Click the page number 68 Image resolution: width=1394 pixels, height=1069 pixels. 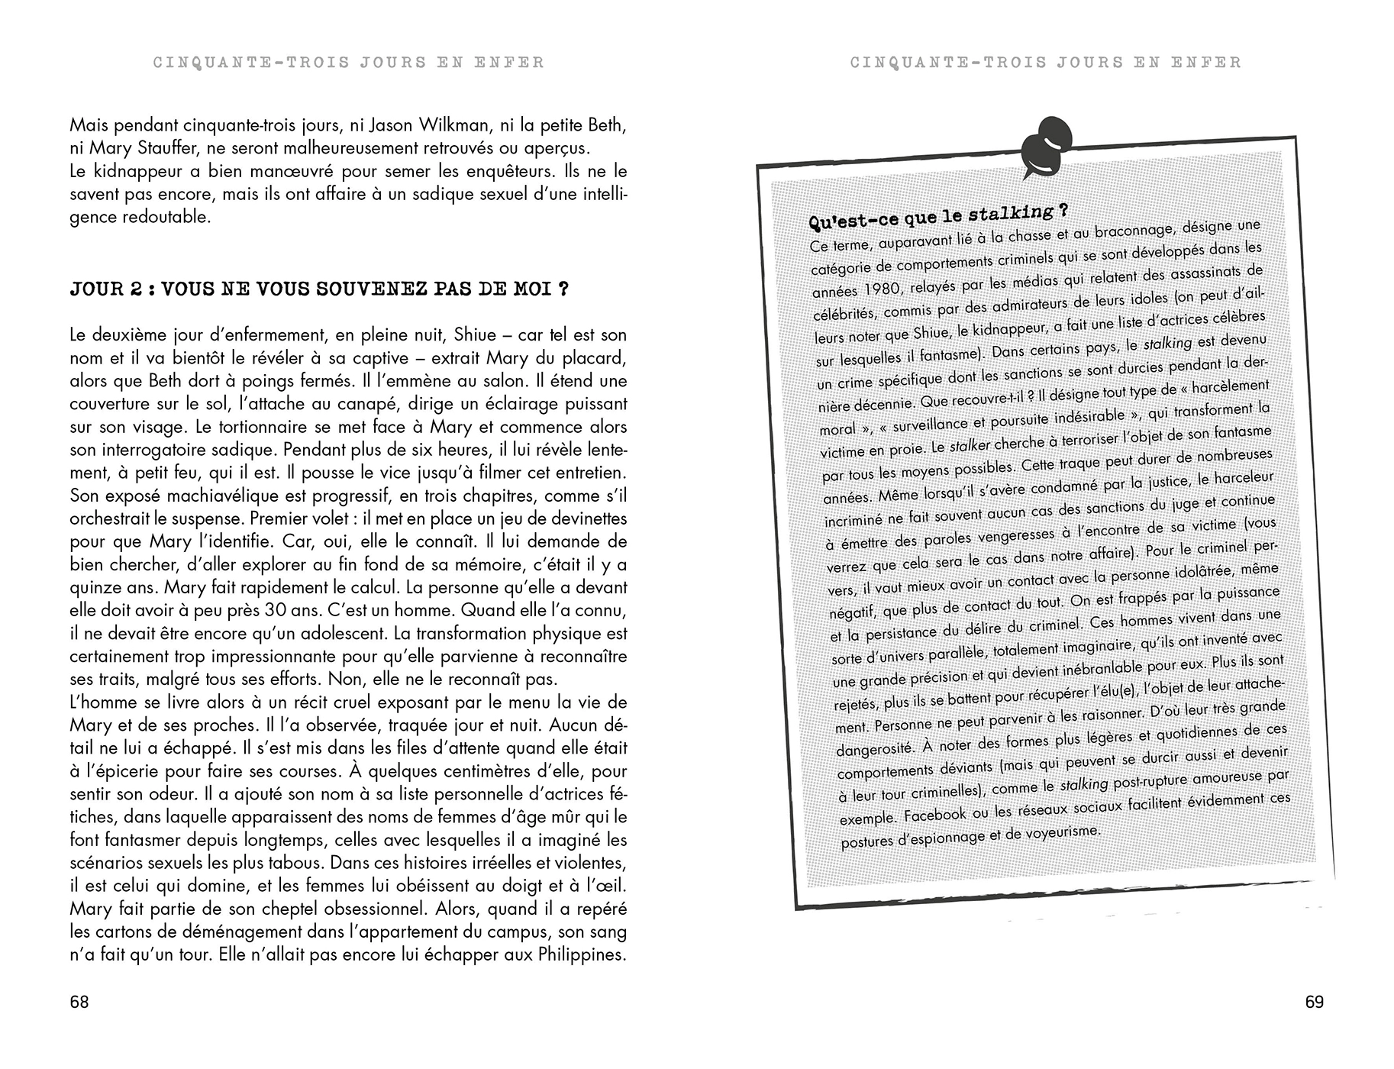pyautogui.click(x=79, y=1002)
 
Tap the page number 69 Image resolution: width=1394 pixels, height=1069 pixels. pyautogui.click(x=1314, y=1002)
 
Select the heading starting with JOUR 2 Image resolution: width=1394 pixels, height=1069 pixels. pyautogui.click(x=319, y=289)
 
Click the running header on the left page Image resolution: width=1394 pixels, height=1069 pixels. pyautogui.click(x=349, y=63)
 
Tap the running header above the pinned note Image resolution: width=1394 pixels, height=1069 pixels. pyautogui.click(x=1046, y=63)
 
